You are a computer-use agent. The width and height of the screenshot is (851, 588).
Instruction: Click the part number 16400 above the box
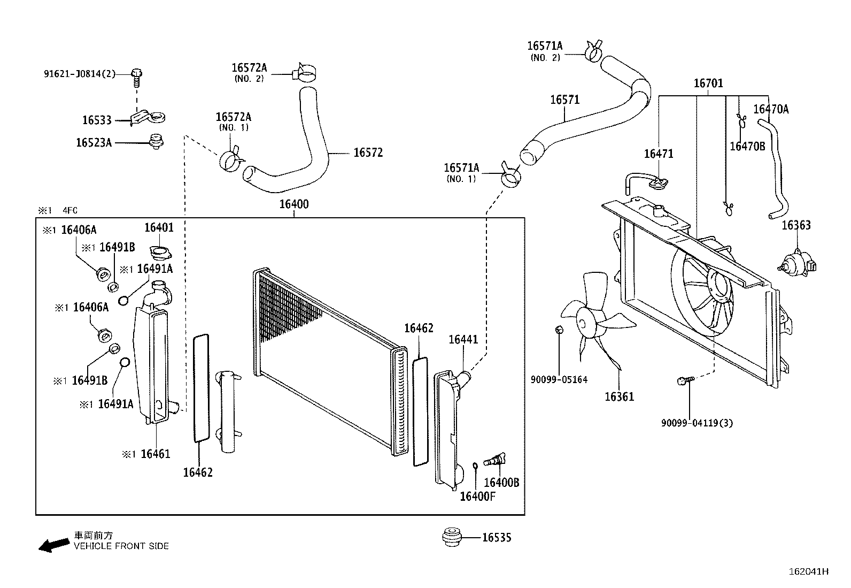click(293, 204)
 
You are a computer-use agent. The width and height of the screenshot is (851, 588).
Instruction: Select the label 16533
click(97, 120)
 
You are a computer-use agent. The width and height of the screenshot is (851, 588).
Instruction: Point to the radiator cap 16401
click(159, 251)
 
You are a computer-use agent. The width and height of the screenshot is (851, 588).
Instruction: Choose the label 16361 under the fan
click(619, 397)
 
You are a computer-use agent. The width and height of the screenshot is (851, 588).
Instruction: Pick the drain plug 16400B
click(494, 460)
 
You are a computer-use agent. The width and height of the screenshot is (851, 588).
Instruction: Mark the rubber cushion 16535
click(452, 537)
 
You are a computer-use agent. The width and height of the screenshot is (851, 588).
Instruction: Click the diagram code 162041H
click(808, 571)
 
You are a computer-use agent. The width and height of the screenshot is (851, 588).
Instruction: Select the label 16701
click(708, 83)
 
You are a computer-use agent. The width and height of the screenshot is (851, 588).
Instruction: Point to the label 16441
click(463, 340)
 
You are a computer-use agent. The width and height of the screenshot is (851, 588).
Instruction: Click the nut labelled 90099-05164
click(559, 329)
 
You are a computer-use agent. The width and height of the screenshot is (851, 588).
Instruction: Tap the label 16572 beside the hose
click(368, 153)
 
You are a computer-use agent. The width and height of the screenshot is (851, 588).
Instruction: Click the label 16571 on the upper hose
click(564, 100)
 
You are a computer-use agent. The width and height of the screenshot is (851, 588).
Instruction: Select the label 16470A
click(770, 110)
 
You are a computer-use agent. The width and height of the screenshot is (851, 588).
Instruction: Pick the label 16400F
click(477, 497)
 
